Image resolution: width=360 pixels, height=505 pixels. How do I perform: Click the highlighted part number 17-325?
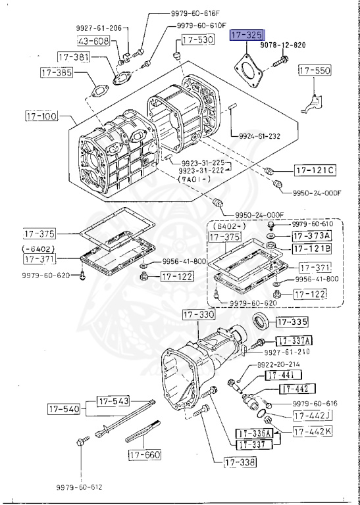(x=245, y=35)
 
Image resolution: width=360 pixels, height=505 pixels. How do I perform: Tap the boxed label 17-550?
(x=315, y=70)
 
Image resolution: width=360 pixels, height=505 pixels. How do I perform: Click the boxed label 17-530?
(x=197, y=40)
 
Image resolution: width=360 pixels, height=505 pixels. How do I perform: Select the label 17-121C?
(x=315, y=171)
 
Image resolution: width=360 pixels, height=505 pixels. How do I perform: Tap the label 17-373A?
(x=312, y=235)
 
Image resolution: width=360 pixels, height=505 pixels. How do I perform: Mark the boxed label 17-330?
(x=199, y=316)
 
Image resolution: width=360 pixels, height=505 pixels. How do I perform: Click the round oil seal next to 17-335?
(x=261, y=323)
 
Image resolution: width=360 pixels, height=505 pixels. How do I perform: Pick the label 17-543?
(x=114, y=400)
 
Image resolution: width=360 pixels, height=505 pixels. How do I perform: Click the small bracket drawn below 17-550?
(x=313, y=102)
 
